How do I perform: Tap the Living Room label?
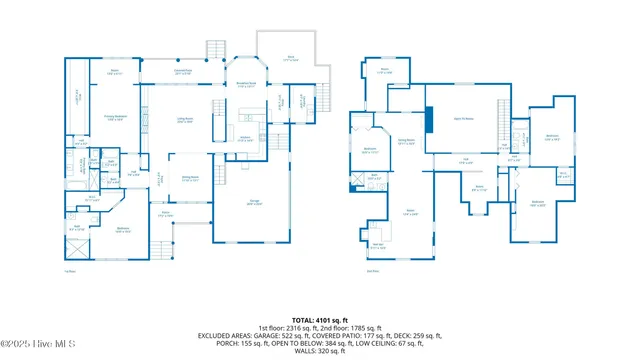point(185,120)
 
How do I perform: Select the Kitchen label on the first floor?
point(244,139)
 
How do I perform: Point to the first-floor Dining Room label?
point(189,177)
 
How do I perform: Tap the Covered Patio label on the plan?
point(183,72)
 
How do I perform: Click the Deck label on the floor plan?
point(291,59)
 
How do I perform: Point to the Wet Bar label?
point(378,245)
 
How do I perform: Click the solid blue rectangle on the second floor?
point(428,119)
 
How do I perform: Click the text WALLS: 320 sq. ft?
point(319,351)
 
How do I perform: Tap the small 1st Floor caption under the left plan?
point(70,270)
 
